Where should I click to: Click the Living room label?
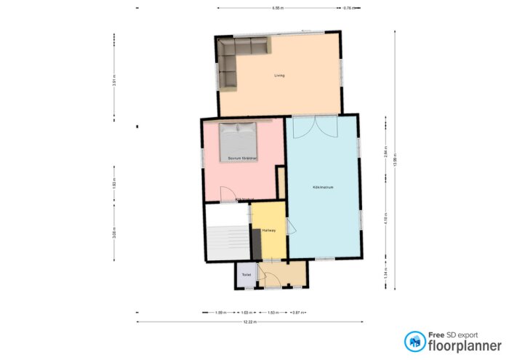point(279,76)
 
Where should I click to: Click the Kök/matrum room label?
point(322,187)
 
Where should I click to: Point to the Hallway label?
point(268,231)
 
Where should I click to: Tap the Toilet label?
point(247,275)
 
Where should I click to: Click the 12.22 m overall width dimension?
point(249,321)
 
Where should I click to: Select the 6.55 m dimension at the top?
point(277,8)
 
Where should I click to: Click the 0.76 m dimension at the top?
point(347,8)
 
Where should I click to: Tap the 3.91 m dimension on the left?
point(114,82)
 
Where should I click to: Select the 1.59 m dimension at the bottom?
point(219,312)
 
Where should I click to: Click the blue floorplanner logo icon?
point(415,341)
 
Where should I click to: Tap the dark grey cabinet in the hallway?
point(256,241)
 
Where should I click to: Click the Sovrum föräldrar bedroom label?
point(243,157)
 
